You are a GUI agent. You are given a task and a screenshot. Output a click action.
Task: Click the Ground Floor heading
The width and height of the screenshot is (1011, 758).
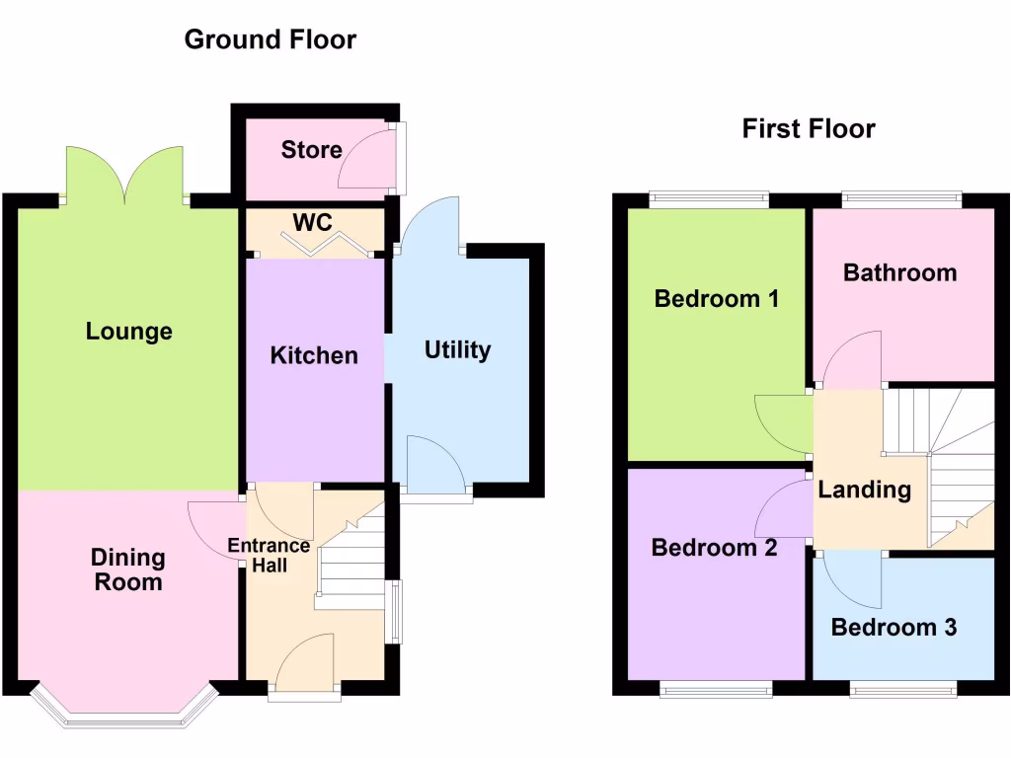(270, 39)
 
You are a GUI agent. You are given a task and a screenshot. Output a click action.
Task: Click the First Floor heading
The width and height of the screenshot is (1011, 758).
(809, 128)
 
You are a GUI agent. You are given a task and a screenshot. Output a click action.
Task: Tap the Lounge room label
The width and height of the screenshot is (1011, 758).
(129, 332)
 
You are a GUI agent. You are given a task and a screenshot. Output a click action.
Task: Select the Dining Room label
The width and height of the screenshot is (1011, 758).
(127, 569)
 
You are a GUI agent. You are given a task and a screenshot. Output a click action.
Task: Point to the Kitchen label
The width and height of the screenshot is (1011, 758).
(314, 355)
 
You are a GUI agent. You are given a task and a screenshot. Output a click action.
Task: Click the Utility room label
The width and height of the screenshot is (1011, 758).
(457, 350)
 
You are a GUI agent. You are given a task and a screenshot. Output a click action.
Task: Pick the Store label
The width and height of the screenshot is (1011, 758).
(311, 150)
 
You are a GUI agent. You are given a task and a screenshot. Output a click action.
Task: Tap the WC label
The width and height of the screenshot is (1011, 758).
(312, 223)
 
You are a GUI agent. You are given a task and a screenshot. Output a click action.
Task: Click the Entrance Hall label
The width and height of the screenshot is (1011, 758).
(269, 556)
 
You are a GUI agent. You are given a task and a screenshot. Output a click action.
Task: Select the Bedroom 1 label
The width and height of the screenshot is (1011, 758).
(717, 298)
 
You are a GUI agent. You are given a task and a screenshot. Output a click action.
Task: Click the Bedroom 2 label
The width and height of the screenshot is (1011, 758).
(714, 548)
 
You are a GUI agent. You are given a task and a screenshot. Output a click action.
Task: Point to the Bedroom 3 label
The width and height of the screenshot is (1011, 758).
(894, 627)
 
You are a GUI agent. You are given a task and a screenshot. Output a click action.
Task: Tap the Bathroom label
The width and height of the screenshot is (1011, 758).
(899, 272)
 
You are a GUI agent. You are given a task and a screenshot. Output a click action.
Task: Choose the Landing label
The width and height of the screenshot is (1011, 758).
(864, 490)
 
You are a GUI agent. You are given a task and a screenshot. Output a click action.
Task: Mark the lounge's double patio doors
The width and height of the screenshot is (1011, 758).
(125, 176)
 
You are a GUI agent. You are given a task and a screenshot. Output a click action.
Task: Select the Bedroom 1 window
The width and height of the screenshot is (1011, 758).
(709, 199)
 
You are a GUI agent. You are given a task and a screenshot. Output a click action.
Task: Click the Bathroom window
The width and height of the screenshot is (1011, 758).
(901, 199)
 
